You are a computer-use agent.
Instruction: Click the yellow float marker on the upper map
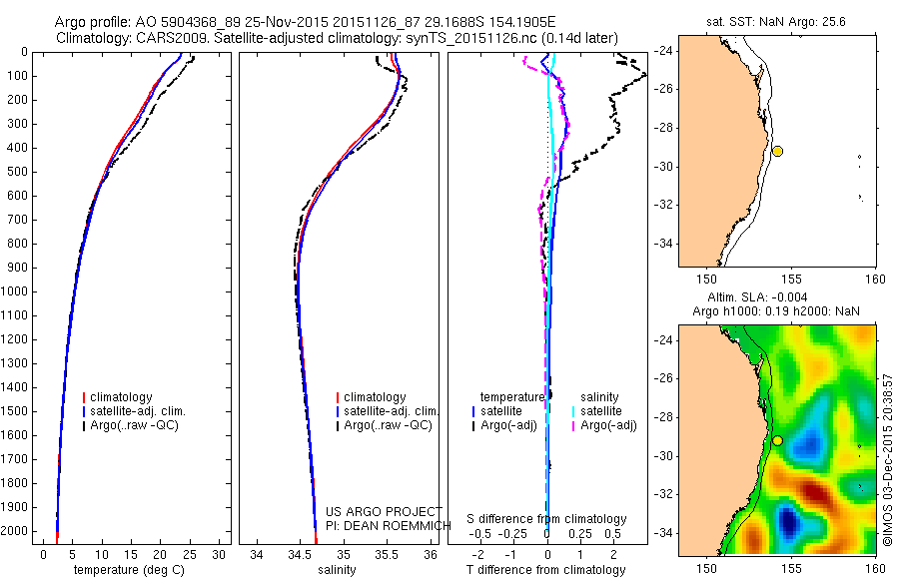click(777, 151)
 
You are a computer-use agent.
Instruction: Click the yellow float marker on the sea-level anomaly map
click(777, 440)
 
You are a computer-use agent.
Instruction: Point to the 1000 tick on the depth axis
click(18, 291)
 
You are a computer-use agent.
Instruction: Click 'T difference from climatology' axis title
click(545, 570)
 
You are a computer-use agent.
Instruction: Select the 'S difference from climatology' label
click(546, 519)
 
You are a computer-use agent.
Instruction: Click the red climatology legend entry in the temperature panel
click(122, 397)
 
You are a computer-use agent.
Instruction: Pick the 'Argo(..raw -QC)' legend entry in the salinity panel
click(387, 425)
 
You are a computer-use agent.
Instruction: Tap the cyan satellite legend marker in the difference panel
click(573, 411)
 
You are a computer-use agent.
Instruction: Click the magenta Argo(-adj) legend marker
click(573, 425)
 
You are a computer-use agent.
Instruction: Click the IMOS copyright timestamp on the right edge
click(887, 461)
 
